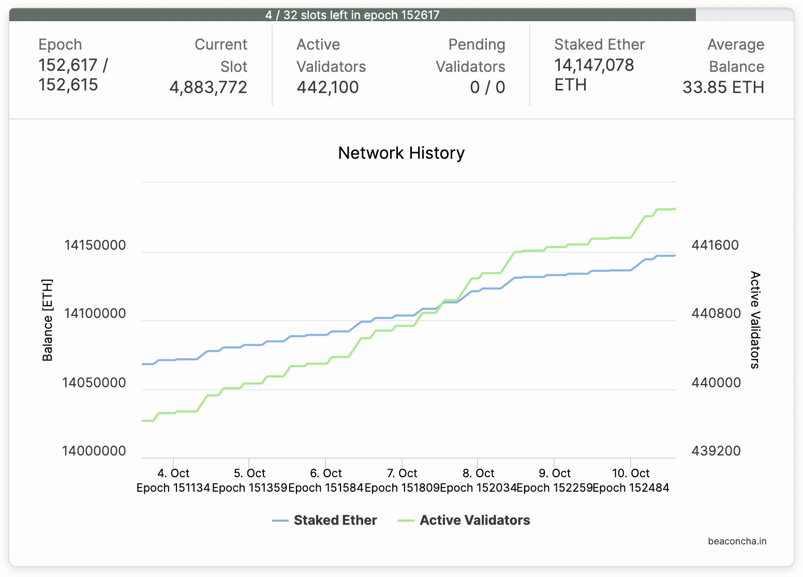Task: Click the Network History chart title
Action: [401, 153]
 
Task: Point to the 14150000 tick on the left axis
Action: [95, 245]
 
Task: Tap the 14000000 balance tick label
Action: [94, 451]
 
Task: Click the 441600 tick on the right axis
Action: [715, 245]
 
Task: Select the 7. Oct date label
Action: [402, 473]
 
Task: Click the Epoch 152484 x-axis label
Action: [631, 488]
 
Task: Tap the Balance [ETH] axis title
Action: [48, 320]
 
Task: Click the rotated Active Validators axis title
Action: [755, 320]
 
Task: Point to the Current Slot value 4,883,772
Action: [209, 87]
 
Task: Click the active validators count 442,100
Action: [328, 87]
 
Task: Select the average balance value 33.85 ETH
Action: [723, 87]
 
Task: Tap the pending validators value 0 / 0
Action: [487, 87]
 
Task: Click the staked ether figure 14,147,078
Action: [594, 65]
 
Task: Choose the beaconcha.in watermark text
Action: [737, 541]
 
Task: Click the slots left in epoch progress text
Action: [352, 15]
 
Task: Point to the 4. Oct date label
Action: [173, 473]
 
